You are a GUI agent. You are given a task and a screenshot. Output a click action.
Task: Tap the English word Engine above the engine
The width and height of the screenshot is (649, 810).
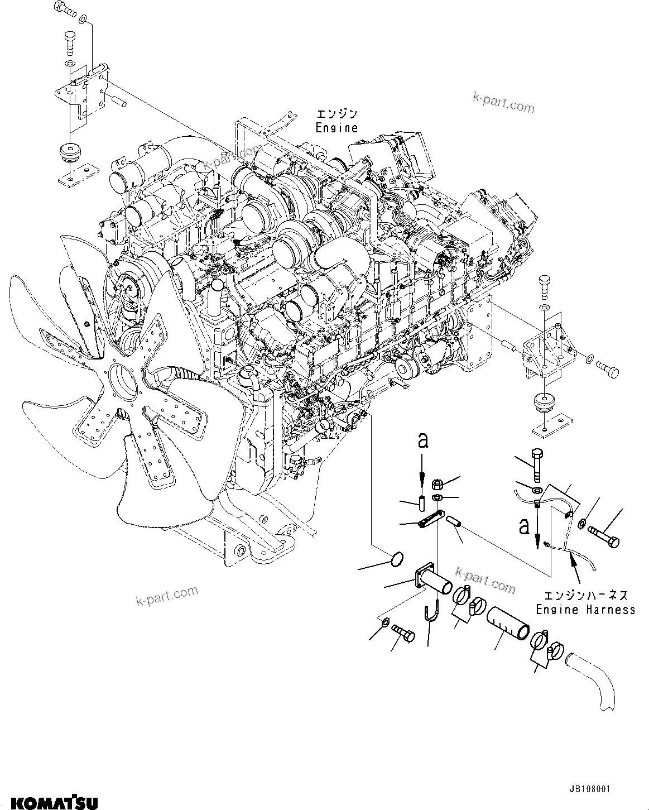[x=336, y=128]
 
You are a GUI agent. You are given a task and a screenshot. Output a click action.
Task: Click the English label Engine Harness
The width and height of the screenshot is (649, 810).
[x=585, y=609]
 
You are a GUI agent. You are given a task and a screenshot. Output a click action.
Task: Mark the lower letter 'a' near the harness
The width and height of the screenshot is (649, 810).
[x=524, y=526]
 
